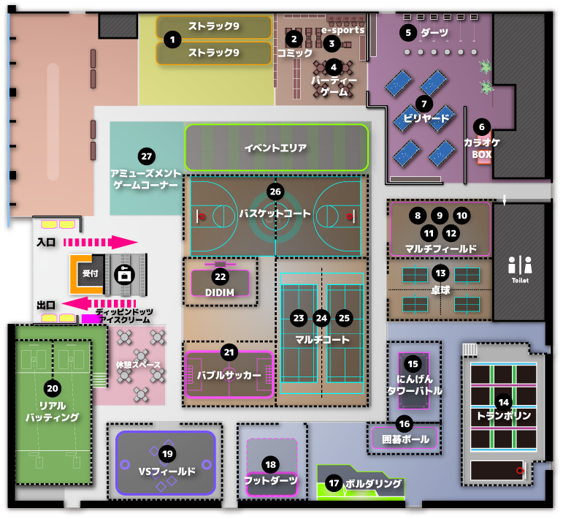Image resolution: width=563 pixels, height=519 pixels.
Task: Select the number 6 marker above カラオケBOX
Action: [x=481, y=125]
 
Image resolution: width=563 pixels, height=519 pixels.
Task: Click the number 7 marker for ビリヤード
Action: [x=422, y=103]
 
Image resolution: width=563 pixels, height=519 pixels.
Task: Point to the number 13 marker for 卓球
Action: [x=440, y=273]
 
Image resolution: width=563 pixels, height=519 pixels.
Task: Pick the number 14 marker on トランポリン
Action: [x=503, y=402]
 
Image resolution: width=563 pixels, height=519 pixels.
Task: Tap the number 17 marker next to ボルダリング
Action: [x=334, y=483]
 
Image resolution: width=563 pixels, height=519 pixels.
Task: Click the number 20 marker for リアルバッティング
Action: [x=53, y=388]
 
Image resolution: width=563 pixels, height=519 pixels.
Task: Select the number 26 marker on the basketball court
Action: [x=275, y=192]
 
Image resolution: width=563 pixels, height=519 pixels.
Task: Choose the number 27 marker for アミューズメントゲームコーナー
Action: [x=146, y=156]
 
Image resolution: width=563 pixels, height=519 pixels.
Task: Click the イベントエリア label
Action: [x=275, y=148]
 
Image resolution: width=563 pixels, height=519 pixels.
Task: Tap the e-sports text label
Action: [x=343, y=31]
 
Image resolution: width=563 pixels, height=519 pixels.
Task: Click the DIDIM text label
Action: [x=220, y=291]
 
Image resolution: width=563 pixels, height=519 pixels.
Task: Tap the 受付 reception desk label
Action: [x=90, y=273]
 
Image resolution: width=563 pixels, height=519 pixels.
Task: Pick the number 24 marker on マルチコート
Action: [x=321, y=318]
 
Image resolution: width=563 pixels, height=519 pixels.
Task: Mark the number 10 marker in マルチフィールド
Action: [x=461, y=216]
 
